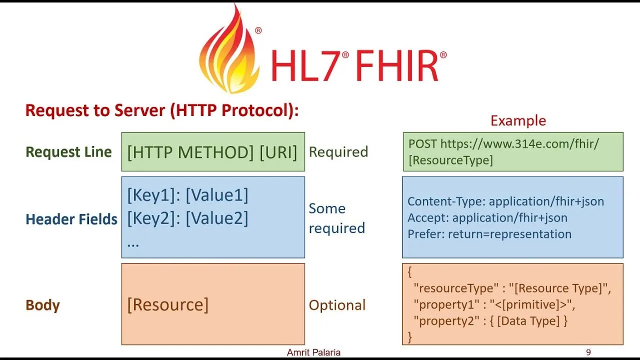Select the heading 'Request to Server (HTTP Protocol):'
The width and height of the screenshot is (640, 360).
pyautogui.click(x=161, y=110)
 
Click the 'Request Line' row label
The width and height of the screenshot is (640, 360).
pyautogui.click(x=68, y=152)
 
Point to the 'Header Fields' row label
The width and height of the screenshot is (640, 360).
pyautogui.click(x=71, y=219)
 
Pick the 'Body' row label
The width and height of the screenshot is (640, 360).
pyautogui.click(x=42, y=305)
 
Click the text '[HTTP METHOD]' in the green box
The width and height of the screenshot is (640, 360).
pyautogui.click(x=190, y=152)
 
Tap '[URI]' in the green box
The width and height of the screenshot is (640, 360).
pyautogui.click(x=278, y=152)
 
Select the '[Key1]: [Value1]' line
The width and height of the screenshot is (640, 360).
pyautogui.click(x=187, y=195)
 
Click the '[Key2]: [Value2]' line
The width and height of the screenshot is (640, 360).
pyautogui.click(x=187, y=218)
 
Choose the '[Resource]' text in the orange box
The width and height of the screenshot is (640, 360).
pyautogui.click(x=167, y=304)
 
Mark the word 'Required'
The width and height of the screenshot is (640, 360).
pyautogui.click(x=338, y=152)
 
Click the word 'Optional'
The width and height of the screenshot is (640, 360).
pyautogui.click(x=337, y=305)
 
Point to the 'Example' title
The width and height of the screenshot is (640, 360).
pyautogui.click(x=518, y=120)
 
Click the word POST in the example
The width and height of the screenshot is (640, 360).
pyautogui.click(x=422, y=144)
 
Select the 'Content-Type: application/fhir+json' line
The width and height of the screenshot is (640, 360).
pyautogui.click(x=505, y=201)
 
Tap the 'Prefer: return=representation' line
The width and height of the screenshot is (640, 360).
pyautogui.click(x=489, y=234)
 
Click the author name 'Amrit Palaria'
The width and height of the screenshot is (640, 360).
pyautogui.click(x=313, y=352)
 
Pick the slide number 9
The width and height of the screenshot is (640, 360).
pyautogui.click(x=588, y=352)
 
